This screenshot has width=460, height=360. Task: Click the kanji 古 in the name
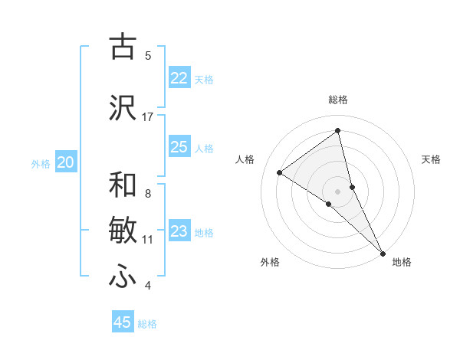pyautogui.click(x=123, y=47)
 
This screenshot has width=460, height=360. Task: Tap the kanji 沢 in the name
pyautogui.click(x=123, y=108)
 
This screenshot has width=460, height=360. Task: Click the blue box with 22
pyautogui.click(x=179, y=78)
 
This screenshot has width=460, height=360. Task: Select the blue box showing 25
pyautogui.click(x=179, y=147)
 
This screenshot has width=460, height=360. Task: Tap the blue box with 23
pyautogui.click(x=179, y=231)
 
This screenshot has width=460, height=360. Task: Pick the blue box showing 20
pyautogui.click(x=66, y=162)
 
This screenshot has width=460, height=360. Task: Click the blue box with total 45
pyautogui.click(x=123, y=322)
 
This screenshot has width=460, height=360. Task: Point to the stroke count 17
pyautogui.click(x=148, y=117)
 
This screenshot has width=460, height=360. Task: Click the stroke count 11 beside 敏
pyautogui.click(x=148, y=240)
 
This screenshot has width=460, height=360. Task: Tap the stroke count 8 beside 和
pyautogui.click(x=148, y=194)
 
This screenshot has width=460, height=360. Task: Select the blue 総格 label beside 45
pyautogui.click(x=147, y=324)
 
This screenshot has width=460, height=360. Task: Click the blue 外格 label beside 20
pyautogui.click(x=41, y=163)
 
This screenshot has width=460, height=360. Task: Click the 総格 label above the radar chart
pyautogui.click(x=338, y=100)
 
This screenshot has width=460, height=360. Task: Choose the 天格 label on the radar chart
pyautogui.click(x=432, y=159)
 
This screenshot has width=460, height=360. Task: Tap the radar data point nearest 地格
pyautogui.click(x=382, y=252)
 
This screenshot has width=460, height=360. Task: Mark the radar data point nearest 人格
pyautogui.click(x=280, y=172)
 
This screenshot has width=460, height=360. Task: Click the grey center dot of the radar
pyautogui.click(x=338, y=191)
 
